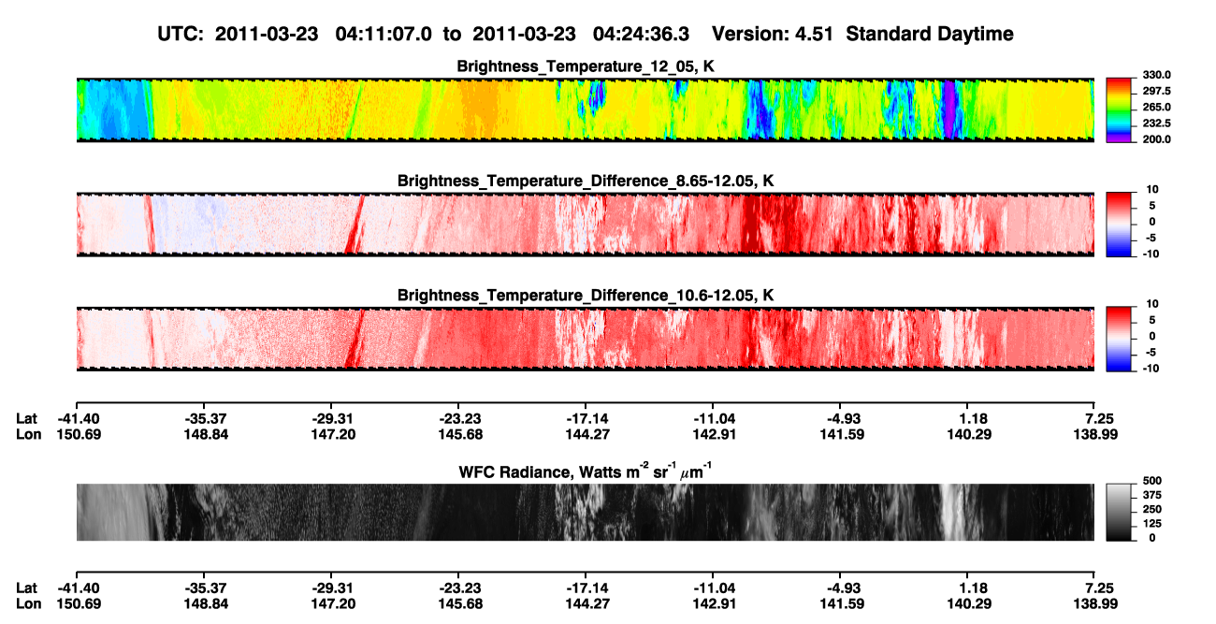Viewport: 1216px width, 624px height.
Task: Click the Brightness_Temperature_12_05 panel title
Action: click(x=586, y=66)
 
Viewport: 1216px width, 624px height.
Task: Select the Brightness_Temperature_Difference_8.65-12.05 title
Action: click(x=586, y=181)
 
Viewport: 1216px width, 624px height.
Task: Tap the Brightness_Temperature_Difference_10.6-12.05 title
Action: click(x=586, y=296)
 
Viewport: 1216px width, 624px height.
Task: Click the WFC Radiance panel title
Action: click(x=586, y=472)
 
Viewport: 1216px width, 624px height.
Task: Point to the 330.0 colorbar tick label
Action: click(x=1156, y=75)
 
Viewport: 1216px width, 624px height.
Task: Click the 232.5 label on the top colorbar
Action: click(x=1156, y=123)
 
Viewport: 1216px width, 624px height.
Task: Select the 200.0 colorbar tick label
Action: click(x=1156, y=139)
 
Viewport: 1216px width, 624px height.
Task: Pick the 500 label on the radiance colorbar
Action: click(x=1152, y=481)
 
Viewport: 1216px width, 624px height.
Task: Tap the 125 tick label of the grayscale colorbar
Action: click(x=1152, y=524)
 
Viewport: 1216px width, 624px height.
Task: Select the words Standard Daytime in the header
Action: click(x=930, y=35)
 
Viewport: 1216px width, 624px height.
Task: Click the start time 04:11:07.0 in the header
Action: click(x=384, y=35)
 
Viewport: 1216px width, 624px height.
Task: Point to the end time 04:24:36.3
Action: click(x=641, y=35)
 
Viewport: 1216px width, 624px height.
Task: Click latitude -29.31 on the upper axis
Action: click(x=333, y=419)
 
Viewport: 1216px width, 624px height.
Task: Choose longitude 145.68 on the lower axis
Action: click(x=460, y=604)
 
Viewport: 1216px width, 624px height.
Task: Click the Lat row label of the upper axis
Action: click(x=26, y=419)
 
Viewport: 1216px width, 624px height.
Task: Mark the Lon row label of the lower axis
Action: click(x=28, y=604)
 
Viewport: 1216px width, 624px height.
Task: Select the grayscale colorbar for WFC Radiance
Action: click(x=1119, y=512)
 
